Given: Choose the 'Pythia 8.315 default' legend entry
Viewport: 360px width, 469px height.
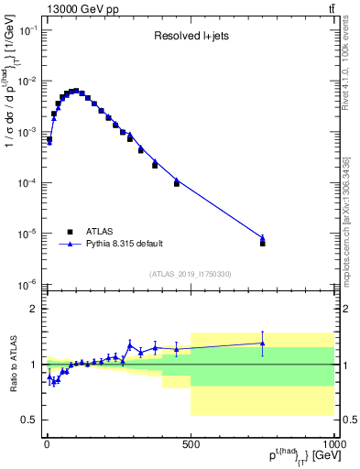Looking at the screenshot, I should pyautogui.click(x=123, y=244).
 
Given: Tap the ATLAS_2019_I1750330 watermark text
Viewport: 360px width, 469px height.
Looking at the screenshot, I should pyautogui.click(x=190, y=274).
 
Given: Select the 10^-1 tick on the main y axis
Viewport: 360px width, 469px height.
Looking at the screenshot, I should pyautogui.click(x=27, y=30).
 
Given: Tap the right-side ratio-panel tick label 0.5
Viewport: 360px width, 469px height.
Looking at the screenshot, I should pyautogui.click(x=350, y=420).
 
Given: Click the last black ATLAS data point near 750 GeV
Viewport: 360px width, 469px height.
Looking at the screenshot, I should pyautogui.click(x=262, y=244).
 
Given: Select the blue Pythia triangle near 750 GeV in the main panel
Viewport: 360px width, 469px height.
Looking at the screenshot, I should pyautogui.click(x=262, y=237).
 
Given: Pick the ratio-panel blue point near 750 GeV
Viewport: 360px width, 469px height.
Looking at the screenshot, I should pyautogui.click(x=262, y=344).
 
